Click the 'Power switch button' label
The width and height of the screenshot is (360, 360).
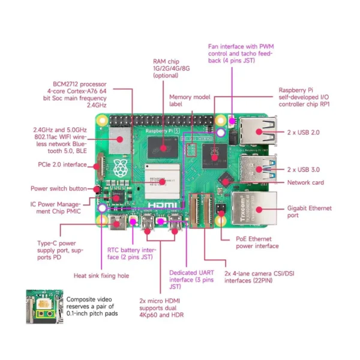(59, 188)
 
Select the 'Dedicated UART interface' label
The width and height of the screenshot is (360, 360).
(191, 280)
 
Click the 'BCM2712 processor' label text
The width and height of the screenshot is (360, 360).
(79, 94)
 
